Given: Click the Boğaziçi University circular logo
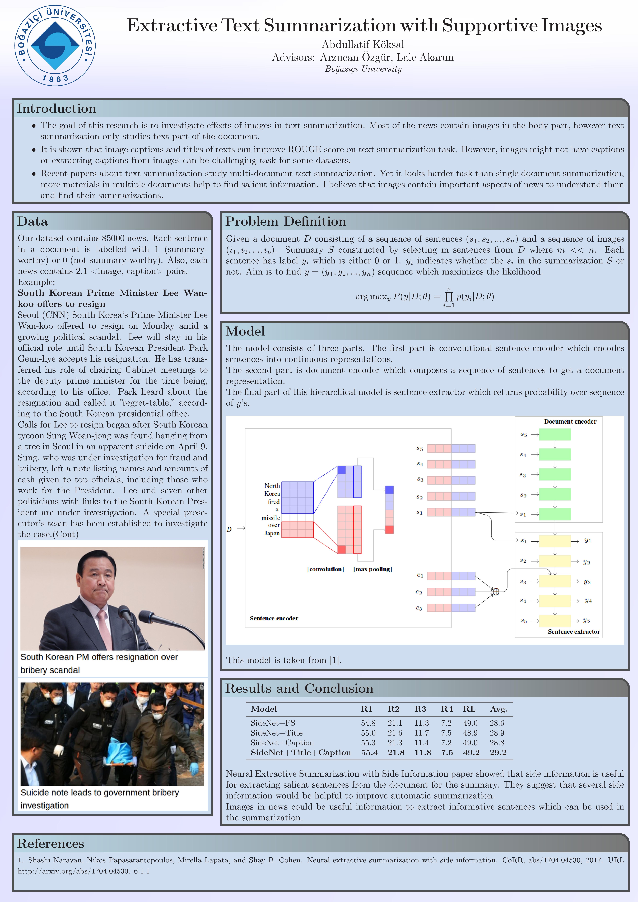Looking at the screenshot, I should pyautogui.click(x=55, y=46).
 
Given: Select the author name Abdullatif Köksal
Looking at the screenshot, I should pyautogui.click(x=363, y=44).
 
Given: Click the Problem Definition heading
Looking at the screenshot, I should pyautogui.click(x=285, y=221).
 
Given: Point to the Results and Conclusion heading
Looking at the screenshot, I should pyautogui.click(x=299, y=688).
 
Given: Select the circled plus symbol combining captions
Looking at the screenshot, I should pyautogui.click(x=496, y=592).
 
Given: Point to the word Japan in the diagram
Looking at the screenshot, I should pyautogui.click(x=272, y=533).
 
